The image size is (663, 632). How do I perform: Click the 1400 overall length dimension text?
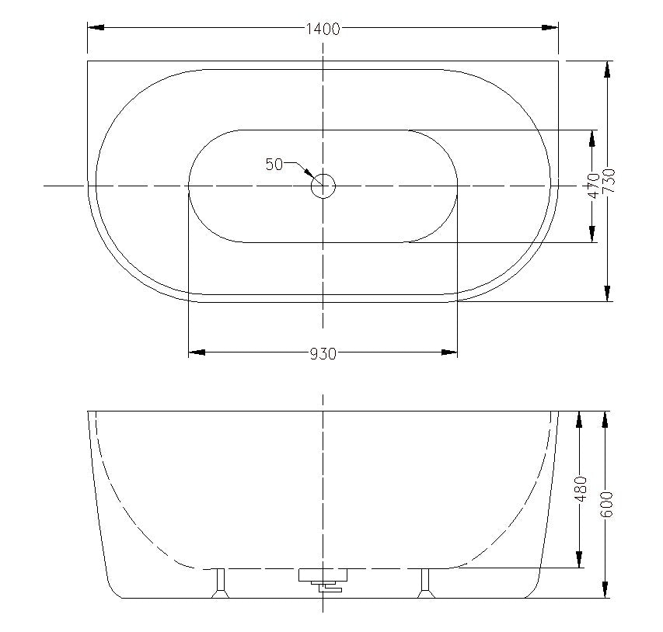click(323, 30)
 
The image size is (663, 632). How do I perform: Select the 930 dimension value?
click(323, 354)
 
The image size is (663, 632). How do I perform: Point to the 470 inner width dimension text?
click(594, 186)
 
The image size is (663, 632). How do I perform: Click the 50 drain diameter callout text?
click(274, 164)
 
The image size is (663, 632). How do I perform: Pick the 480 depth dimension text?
click(580, 490)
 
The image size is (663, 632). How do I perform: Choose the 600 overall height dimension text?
click(607, 505)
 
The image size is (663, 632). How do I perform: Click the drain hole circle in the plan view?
click(323, 186)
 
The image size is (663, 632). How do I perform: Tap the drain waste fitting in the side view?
click(323, 580)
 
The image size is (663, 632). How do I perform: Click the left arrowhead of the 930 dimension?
click(197, 353)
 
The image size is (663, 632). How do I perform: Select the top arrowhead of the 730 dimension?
click(608, 68)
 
